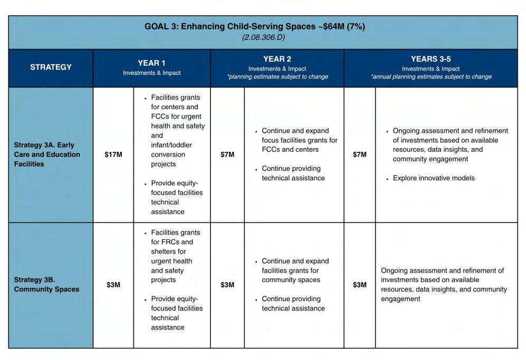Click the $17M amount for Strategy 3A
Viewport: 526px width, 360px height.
(113, 154)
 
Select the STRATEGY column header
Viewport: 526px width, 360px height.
(51, 67)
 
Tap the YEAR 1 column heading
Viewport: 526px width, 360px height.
(151, 63)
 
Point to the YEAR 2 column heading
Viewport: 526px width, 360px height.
(277, 59)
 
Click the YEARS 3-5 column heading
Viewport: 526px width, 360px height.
(431, 59)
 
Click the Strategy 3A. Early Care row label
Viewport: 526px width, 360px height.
(47, 154)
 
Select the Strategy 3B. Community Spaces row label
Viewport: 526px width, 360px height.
(46, 285)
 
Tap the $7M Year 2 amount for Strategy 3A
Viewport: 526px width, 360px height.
(227, 154)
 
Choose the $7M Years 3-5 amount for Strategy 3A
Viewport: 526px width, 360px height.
(359, 154)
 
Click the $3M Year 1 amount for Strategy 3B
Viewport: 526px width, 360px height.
(113, 285)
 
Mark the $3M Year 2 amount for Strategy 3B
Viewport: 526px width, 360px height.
(227, 285)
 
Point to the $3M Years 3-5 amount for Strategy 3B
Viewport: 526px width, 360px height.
(359, 285)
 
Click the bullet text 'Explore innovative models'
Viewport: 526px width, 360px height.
(434, 178)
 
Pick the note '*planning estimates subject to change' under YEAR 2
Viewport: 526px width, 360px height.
(278, 76)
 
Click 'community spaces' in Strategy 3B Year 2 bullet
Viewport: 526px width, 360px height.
(291, 280)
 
